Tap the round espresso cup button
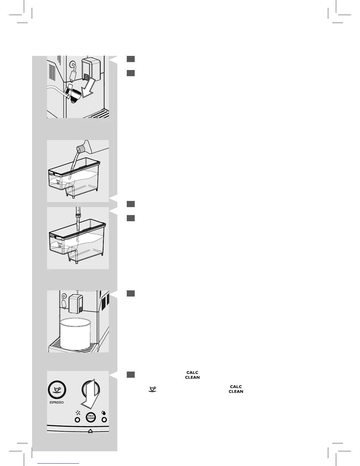pyautogui.click(x=57, y=390)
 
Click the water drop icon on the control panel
pyautogui.click(x=104, y=412)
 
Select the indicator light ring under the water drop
pyautogui.click(x=104, y=420)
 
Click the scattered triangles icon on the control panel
pyautogui.click(x=78, y=412)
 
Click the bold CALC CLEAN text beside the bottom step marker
pyautogui.click(x=192, y=375)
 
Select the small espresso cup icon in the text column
pyautogui.click(x=152, y=389)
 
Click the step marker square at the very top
pyautogui.click(x=131, y=59)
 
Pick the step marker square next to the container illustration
pyautogui.click(x=131, y=293)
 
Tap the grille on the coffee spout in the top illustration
pyautogui.click(x=86, y=77)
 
